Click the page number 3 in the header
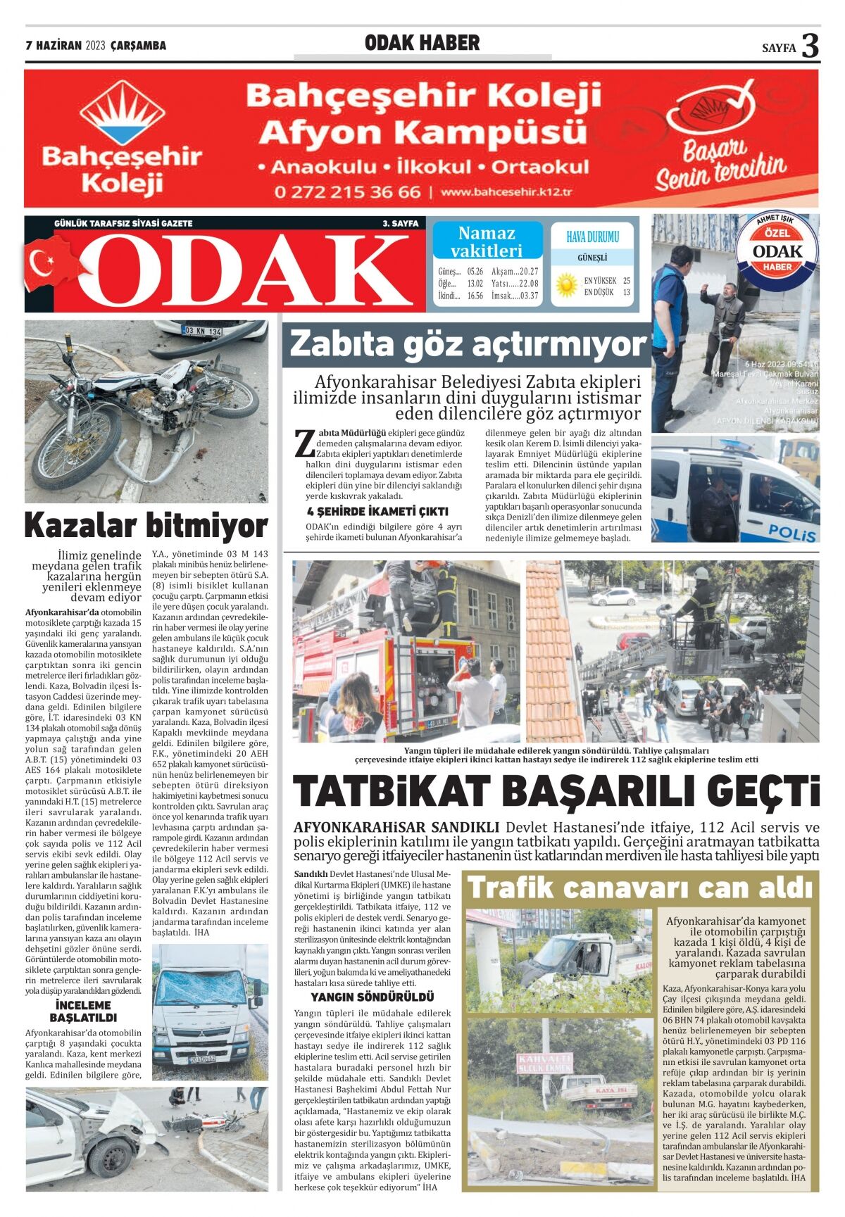[x=810, y=46]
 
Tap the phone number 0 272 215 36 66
[x=347, y=192]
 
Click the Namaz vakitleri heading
[x=487, y=241]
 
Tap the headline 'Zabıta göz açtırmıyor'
[x=468, y=345]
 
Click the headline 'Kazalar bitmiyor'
[x=146, y=525]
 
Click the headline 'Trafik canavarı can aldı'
[x=641, y=888]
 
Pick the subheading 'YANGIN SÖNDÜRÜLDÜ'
[x=373, y=997]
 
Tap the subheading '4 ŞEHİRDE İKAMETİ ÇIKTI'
[x=377, y=512]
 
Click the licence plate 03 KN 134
[x=202, y=331]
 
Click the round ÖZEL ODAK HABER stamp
[x=777, y=251]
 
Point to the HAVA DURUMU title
[x=592, y=237]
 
